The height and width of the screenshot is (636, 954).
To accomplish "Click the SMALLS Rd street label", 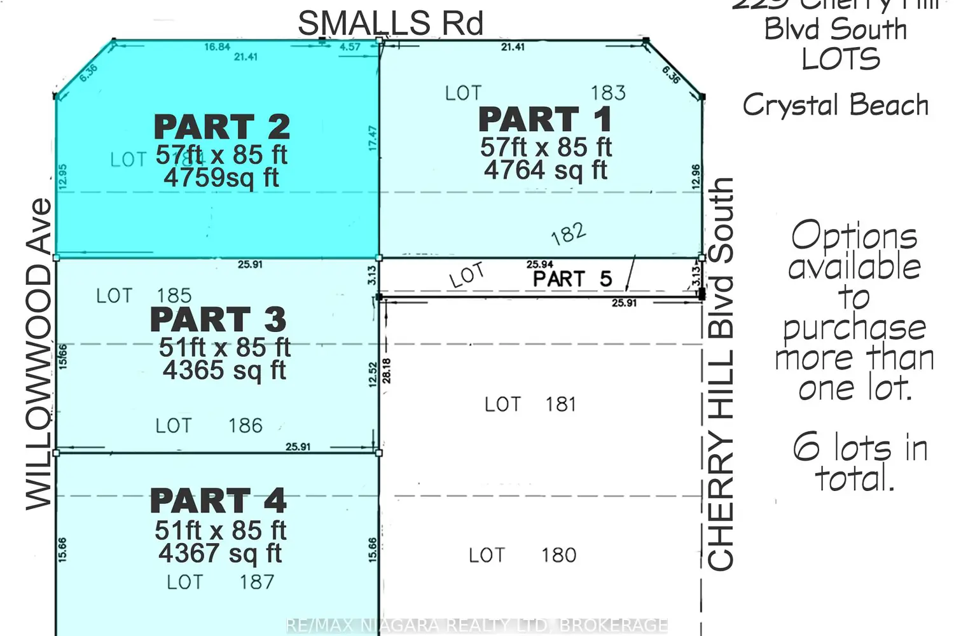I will point(391,24).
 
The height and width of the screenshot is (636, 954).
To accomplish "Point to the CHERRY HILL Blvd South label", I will point(721,374).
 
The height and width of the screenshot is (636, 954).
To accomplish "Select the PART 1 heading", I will point(545,120).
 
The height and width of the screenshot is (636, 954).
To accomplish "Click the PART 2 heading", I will point(222,127).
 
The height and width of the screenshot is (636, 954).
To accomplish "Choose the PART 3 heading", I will point(218,319).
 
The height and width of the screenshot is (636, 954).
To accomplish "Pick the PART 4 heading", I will point(218,501).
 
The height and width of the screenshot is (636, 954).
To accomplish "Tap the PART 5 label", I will point(572,279).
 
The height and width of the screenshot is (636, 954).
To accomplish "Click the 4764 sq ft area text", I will point(545,170).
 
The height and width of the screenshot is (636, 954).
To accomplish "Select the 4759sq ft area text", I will point(221,177).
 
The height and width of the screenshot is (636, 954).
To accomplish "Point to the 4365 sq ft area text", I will point(224,370).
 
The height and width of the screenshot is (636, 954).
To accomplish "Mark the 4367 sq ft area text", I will point(220,553).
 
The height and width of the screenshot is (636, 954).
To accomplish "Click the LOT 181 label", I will point(530,404).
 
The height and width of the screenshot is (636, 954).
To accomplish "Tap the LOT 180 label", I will point(522,555).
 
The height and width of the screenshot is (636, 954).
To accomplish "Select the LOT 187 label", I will point(220,582).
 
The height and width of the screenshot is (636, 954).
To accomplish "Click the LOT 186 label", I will point(209,425).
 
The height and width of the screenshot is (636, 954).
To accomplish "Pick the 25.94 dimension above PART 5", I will point(539,265).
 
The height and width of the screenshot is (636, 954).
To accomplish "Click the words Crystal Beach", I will point(835,105).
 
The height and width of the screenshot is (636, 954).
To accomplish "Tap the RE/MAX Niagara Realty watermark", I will point(477,625).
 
